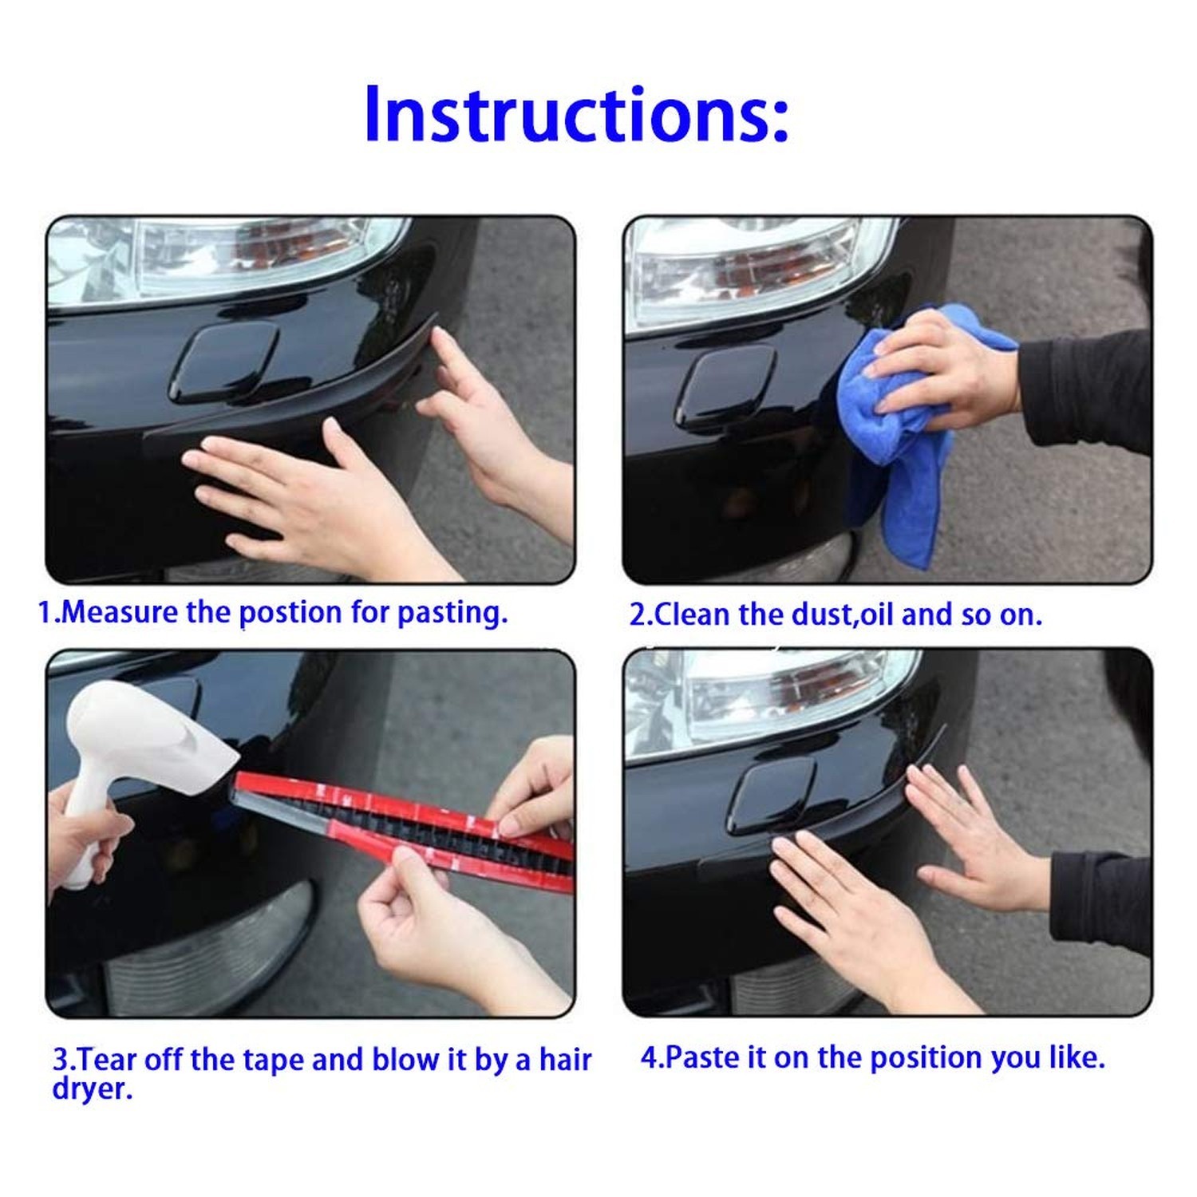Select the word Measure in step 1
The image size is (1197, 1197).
120,612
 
